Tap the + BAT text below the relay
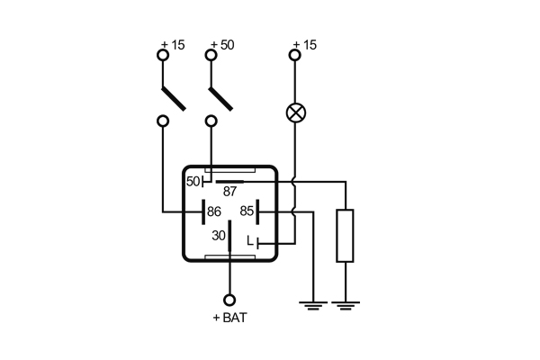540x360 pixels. click(229, 317)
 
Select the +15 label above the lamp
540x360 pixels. click(306, 45)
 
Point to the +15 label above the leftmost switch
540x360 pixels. click(172, 45)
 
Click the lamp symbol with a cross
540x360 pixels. click(294, 113)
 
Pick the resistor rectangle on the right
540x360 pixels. click(345, 235)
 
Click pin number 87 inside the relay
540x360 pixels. click(231, 191)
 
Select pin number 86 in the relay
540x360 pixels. click(214, 211)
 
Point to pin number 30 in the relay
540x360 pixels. click(218, 236)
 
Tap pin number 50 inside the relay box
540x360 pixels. click(193, 181)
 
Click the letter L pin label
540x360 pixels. click(249, 241)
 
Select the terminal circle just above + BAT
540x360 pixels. click(229, 300)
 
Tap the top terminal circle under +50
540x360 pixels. click(211, 56)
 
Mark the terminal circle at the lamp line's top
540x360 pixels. click(294, 56)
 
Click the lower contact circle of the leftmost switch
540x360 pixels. click(163, 121)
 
